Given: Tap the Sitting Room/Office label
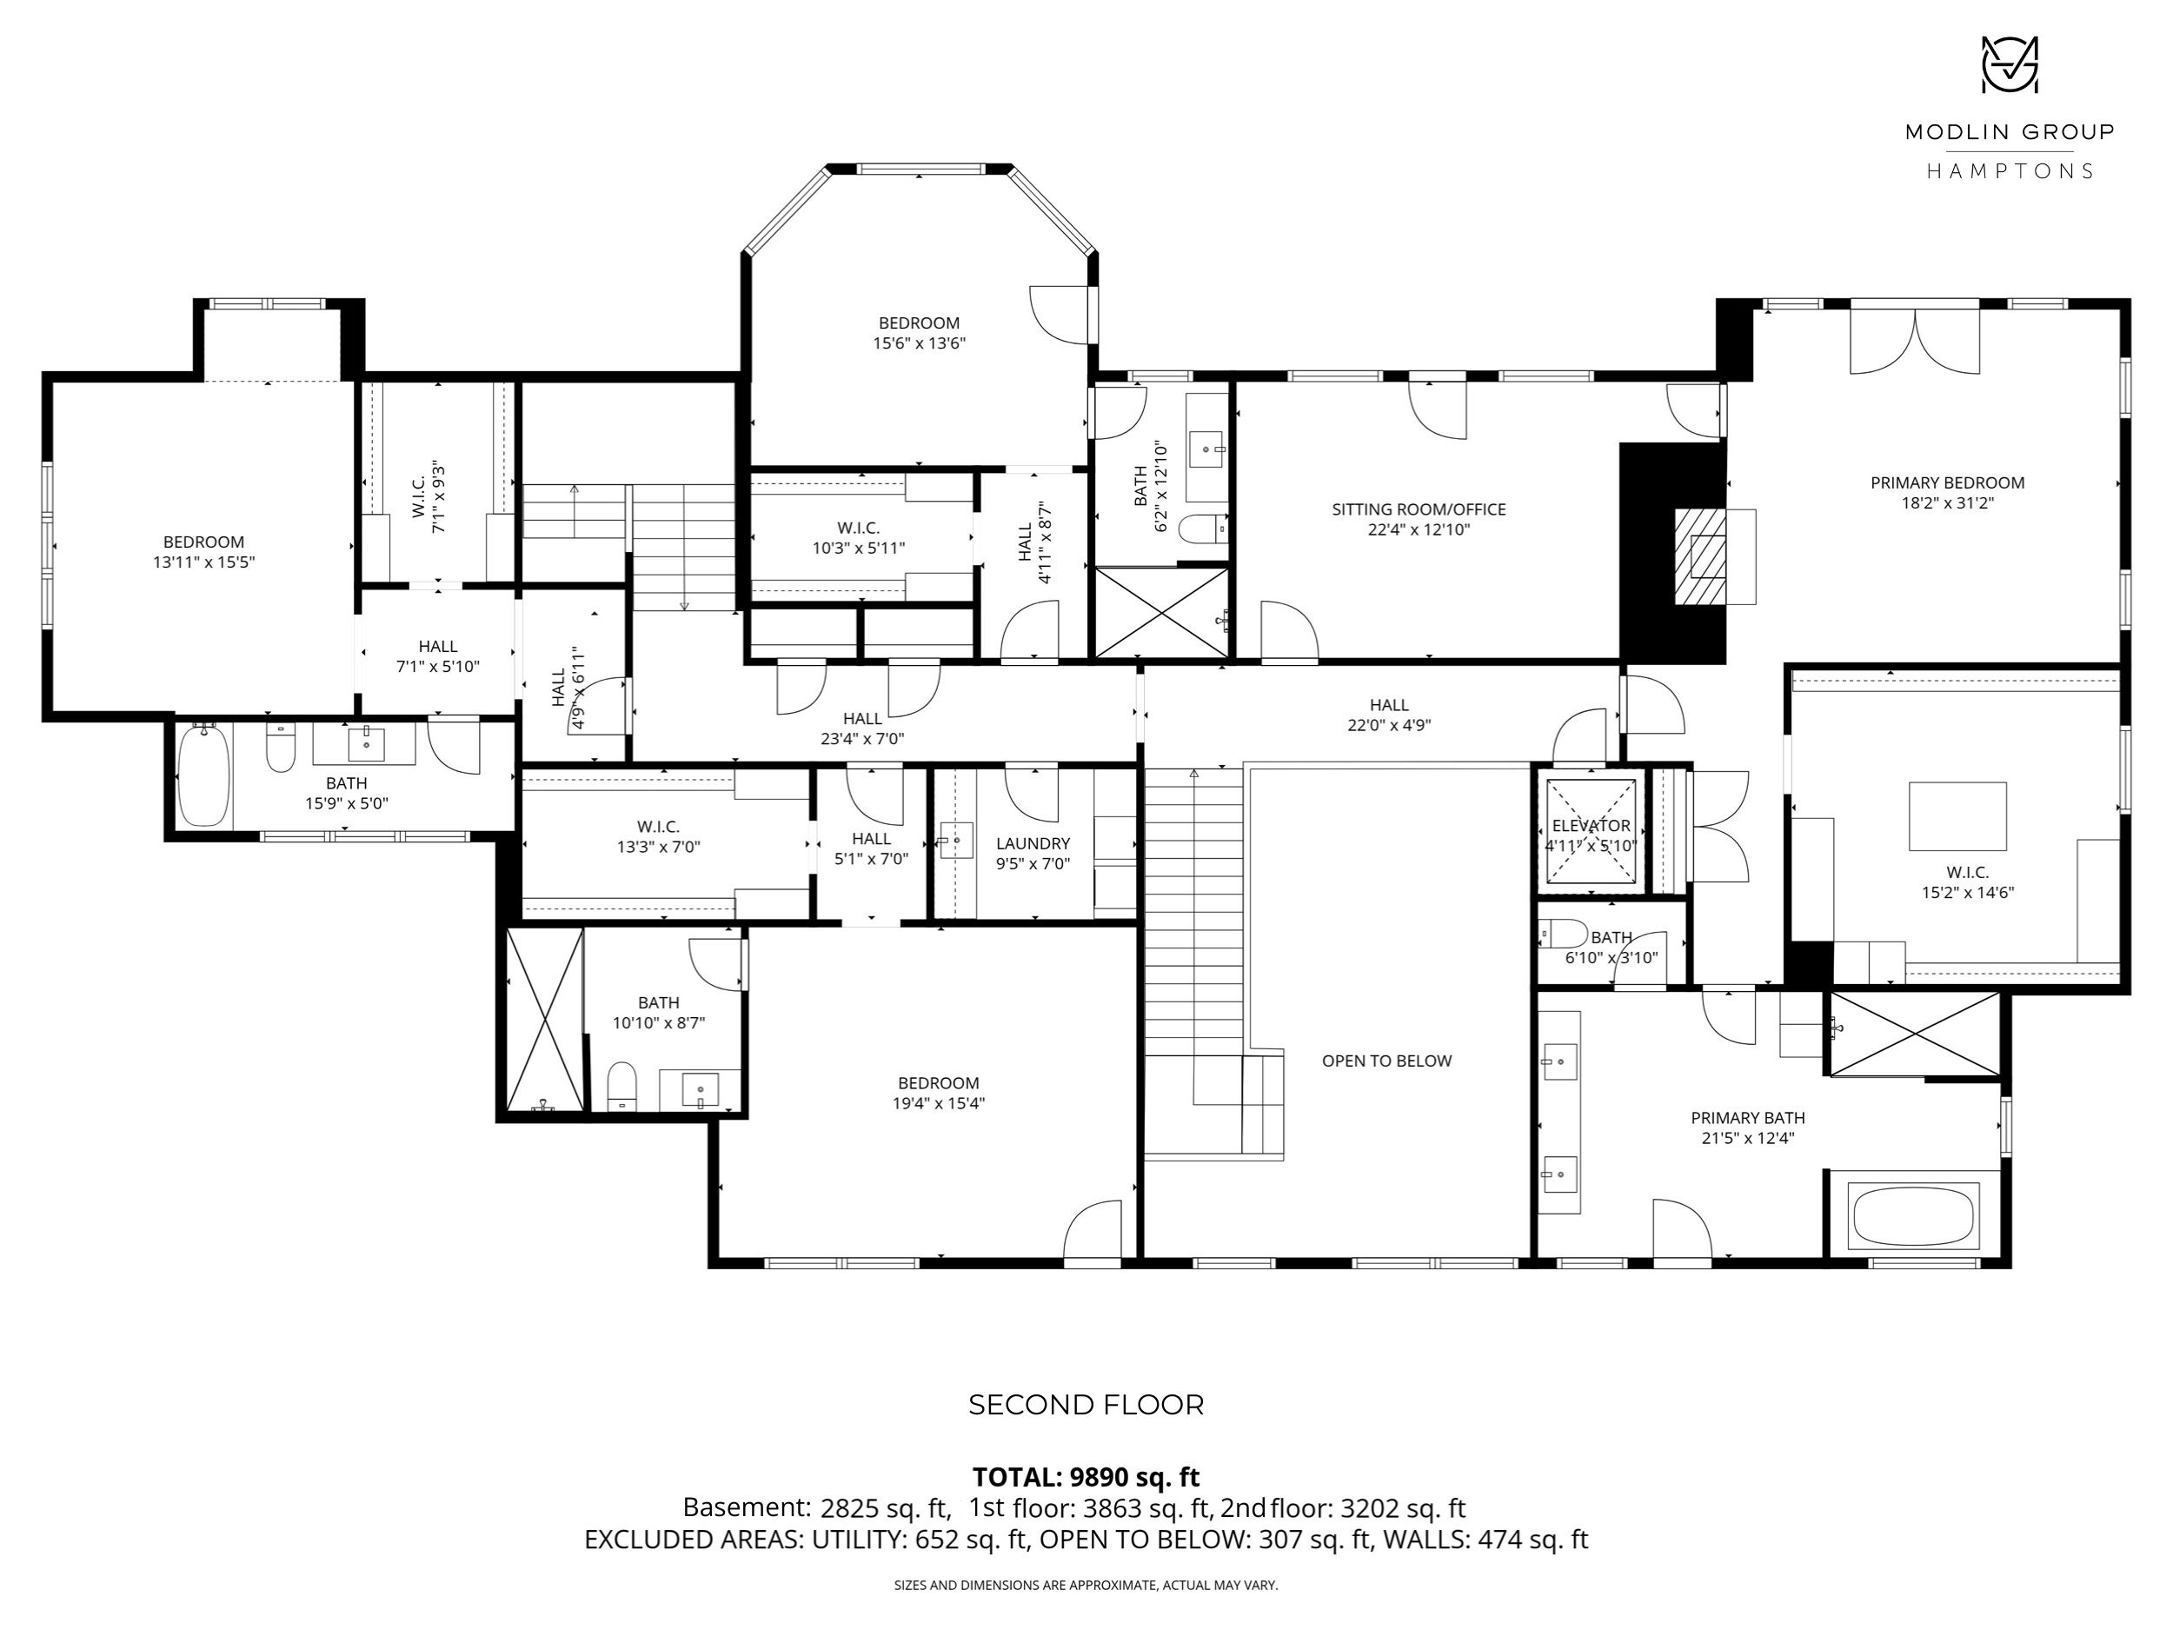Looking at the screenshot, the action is point(1419,509).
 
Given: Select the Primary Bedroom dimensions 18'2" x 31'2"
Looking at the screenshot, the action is point(1947,503).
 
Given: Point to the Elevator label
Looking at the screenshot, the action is point(1592,825).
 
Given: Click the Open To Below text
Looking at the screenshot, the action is point(1386,1060).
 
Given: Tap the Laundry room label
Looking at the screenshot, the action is point(1033,843).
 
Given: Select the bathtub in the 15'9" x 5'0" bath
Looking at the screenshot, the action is point(204,776).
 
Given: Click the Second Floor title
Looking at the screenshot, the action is point(1086,1405).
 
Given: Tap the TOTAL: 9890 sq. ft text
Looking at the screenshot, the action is point(1086,1477).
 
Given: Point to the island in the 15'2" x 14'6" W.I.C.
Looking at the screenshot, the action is point(1957,815).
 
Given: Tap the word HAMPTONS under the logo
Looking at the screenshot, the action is point(2009,171).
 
